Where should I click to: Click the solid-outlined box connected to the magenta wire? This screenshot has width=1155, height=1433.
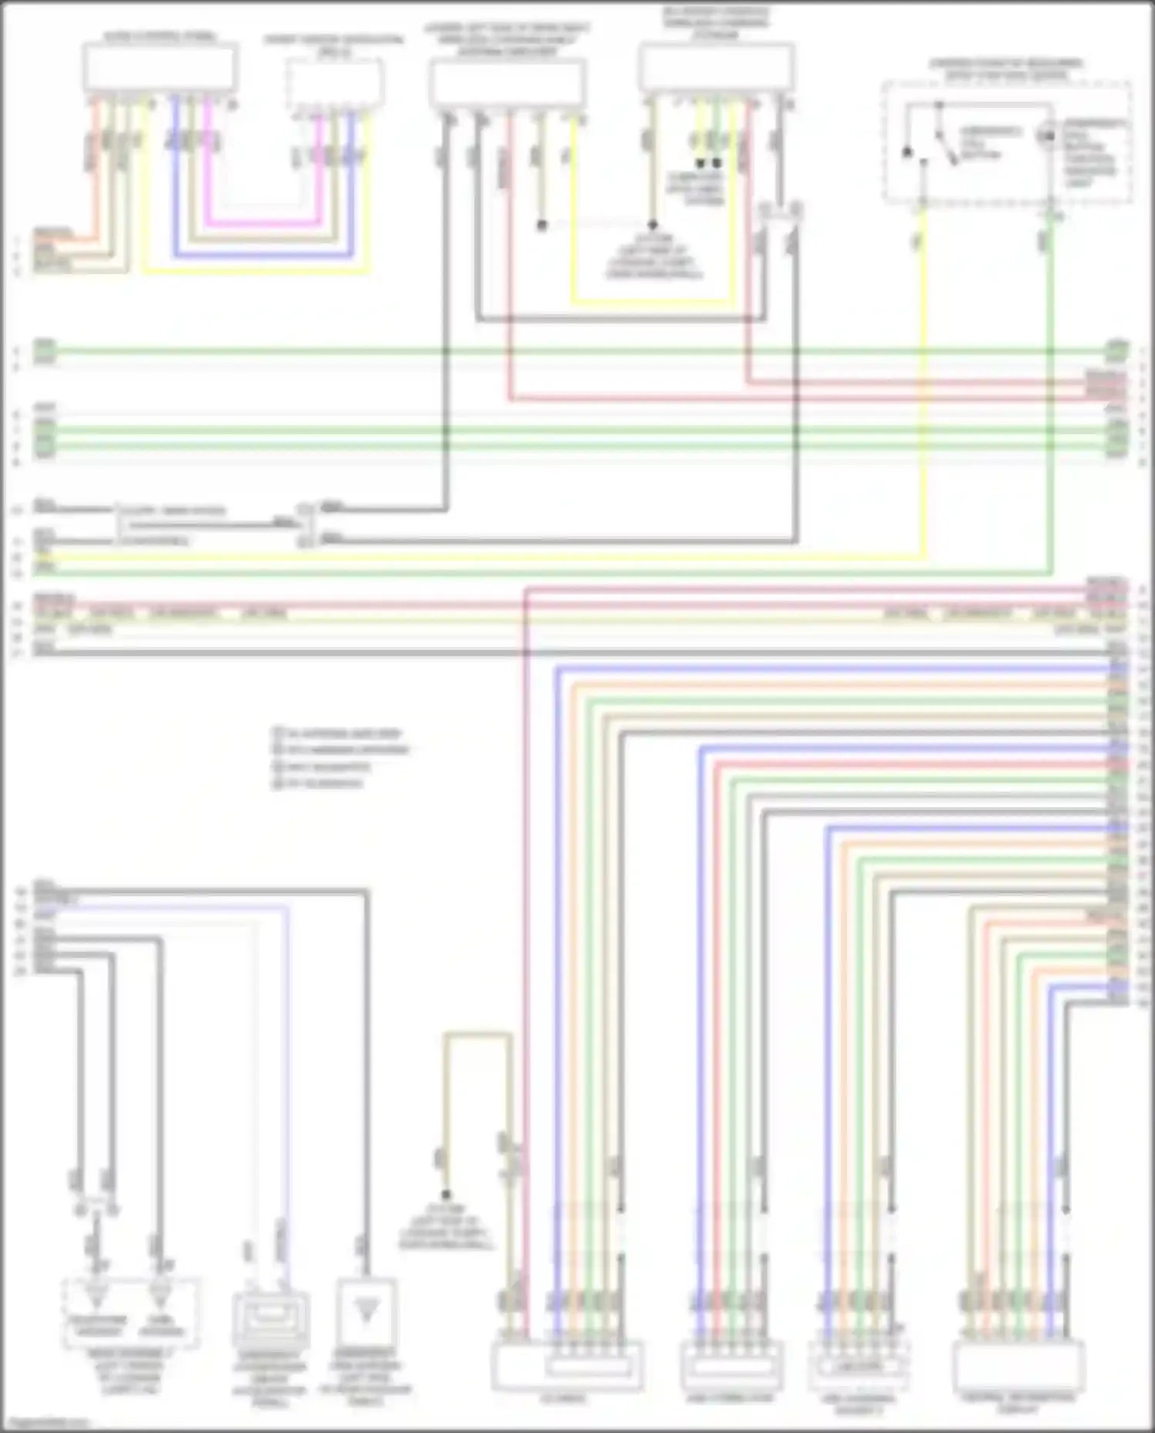click(159, 67)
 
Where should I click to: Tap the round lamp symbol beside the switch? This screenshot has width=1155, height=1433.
click(1046, 136)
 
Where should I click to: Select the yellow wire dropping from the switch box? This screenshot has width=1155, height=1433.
click(923, 385)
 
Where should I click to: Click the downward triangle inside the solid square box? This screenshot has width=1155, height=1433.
click(367, 1314)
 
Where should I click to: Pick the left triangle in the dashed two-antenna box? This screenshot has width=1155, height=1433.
click(96, 1296)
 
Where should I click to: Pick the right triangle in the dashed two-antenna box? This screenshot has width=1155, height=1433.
click(160, 1296)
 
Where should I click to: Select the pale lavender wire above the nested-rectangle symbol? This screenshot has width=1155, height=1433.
click(288, 1078)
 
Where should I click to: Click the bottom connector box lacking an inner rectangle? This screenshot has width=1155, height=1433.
click(1018, 1366)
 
